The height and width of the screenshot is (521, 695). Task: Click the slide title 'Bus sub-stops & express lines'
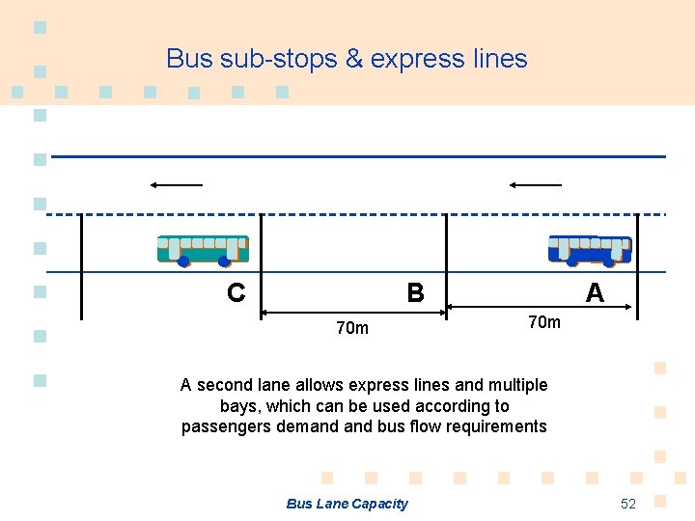click(347, 59)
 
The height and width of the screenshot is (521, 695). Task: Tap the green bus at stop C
click(203, 250)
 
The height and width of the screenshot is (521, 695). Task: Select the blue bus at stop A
click(590, 250)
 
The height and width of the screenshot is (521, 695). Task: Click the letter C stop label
click(236, 292)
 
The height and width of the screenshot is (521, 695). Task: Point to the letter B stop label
click(415, 292)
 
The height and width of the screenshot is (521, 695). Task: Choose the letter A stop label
click(596, 292)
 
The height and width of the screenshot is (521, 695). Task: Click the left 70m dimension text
click(351, 328)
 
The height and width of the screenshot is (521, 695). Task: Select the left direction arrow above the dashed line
click(176, 184)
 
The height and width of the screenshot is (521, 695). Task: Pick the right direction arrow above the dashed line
click(536, 184)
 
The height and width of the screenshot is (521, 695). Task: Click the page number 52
click(628, 504)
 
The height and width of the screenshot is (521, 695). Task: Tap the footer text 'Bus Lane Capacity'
click(347, 504)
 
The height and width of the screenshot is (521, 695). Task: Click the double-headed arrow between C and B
click(353, 312)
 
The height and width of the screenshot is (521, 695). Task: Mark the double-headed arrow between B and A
click(540, 308)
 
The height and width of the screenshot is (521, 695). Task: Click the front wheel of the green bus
click(183, 260)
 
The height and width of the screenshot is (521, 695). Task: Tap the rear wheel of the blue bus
click(609, 260)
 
